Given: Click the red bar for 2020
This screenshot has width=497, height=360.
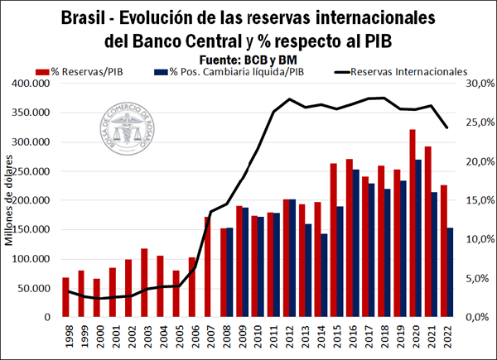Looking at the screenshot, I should pyautogui.click(x=412, y=223).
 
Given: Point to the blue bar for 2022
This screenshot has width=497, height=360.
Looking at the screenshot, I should pyautogui.click(x=450, y=272).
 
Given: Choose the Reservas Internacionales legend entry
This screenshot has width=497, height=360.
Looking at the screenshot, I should pyautogui.click(x=398, y=72).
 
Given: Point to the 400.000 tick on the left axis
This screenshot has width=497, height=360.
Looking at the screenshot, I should pyautogui.click(x=28, y=84).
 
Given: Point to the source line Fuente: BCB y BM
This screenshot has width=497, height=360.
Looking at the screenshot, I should pyautogui.click(x=248, y=59).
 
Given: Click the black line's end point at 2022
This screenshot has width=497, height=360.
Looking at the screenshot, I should pyautogui.click(x=446, y=127).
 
